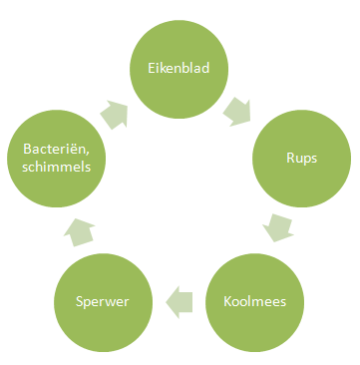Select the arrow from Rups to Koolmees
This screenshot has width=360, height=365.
[x=281, y=227]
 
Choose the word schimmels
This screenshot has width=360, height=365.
[x=58, y=167]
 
